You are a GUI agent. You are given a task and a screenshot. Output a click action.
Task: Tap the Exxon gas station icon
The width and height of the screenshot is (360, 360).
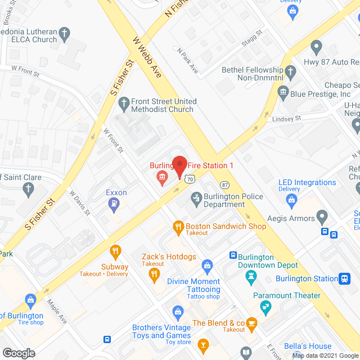[x=115, y=204]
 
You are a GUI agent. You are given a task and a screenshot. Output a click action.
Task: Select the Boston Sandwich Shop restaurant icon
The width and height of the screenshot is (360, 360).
[x=178, y=227]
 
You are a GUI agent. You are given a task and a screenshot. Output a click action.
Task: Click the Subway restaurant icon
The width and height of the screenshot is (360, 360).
[x=115, y=251]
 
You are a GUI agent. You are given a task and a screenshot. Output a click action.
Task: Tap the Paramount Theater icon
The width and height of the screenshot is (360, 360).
[x=264, y=307]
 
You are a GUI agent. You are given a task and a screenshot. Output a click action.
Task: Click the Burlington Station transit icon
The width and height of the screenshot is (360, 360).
[x=344, y=278]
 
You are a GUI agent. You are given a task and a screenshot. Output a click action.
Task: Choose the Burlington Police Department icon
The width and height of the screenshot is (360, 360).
[x=196, y=197]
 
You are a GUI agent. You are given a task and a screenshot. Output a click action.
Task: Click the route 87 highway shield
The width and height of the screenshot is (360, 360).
[x=225, y=184]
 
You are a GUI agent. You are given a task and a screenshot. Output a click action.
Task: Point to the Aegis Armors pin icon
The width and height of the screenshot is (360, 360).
[x=322, y=215]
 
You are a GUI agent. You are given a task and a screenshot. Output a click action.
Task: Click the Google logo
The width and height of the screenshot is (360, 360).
[x=18, y=353]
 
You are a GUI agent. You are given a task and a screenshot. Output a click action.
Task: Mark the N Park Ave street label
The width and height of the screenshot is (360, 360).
[x=187, y=60]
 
